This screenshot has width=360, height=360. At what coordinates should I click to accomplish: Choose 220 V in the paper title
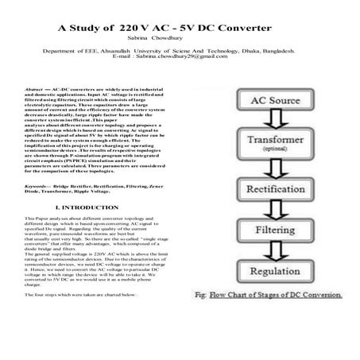[134, 26]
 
